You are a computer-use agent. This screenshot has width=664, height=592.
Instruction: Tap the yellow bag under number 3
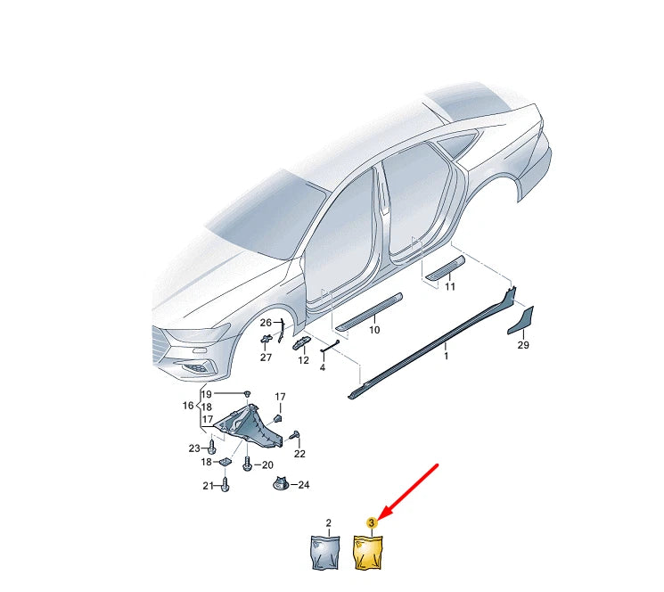[x=370, y=552]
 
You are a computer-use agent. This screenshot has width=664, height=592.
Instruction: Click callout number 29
[x=524, y=344]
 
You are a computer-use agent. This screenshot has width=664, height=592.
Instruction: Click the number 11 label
[x=450, y=287]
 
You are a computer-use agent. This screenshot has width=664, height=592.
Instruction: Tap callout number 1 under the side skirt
[x=447, y=356]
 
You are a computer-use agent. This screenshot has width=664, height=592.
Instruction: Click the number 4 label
[x=322, y=367]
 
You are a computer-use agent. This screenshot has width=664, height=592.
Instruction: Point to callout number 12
[x=303, y=360]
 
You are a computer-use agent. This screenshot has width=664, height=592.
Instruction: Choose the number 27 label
[x=266, y=358]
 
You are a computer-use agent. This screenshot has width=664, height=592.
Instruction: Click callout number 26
[x=266, y=322]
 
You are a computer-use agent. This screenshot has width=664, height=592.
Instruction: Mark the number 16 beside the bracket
[x=188, y=405]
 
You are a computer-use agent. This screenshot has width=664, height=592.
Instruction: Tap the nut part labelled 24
[x=281, y=484]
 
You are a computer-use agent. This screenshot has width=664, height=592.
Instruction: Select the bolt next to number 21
[x=225, y=484]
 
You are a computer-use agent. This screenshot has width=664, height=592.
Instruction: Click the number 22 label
[x=299, y=454]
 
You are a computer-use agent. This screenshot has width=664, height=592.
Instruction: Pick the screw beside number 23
[x=210, y=447]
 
